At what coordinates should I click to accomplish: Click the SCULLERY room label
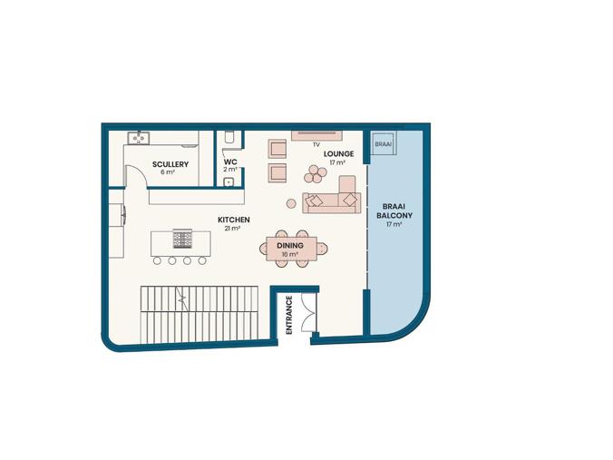tap(170, 164)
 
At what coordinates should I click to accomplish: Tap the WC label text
tap(230, 161)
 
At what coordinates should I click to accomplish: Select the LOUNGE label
tap(338, 153)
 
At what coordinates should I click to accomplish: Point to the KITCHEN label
tap(234, 220)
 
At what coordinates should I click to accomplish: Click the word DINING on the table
tap(290, 246)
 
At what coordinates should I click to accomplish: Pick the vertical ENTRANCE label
tap(289, 315)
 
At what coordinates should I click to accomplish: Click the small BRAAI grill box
tap(383, 143)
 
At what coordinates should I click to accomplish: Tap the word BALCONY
tap(394, 216)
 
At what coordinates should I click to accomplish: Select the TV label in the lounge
tap(316, 145)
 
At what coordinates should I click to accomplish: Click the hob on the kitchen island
tap(182, 239)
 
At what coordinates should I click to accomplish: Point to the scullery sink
tap(138, 138)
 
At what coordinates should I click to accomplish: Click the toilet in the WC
tap(229, 137)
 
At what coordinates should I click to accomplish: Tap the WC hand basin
tap(229, 181)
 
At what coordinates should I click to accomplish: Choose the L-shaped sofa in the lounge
tap(331, 197)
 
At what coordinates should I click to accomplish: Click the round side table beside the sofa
tap(291, 203)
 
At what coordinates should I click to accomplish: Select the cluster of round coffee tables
tap(315, 174)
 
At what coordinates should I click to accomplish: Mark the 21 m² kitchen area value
tap(232, 229)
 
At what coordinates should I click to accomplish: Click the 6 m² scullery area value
tap(168, 172)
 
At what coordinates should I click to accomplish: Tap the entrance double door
tap(309, 313)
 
